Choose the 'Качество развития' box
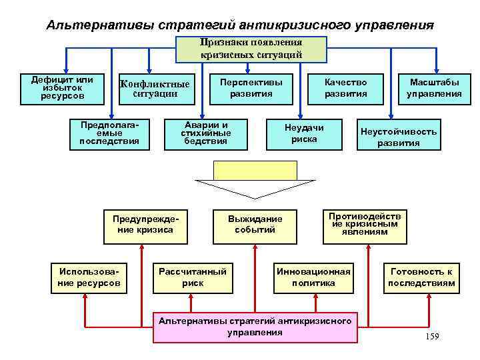[345, 89]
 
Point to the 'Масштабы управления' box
[435, 89]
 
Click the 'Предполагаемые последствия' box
[109, 133]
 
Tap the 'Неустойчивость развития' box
[399, 136]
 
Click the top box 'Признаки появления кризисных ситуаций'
[251, 49]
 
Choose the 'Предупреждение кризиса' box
[143, 224]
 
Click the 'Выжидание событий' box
[255, 224]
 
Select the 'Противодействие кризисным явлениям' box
[366, 224]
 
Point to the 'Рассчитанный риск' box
[193, 277]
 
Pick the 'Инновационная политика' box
[313, 277]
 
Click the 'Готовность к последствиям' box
[421, 277]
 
